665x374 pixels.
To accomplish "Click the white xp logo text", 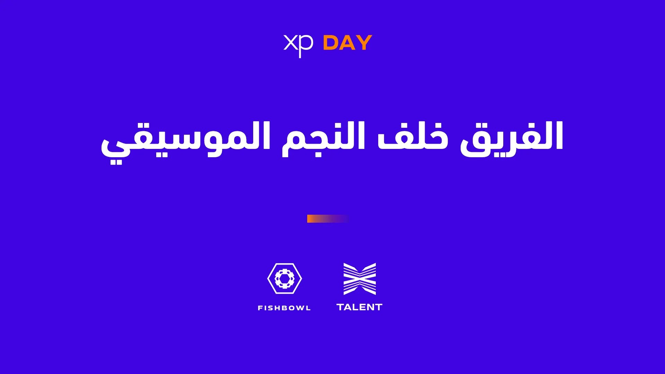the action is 298,45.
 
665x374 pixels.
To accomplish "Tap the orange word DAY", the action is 347,43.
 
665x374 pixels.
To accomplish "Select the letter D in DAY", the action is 330,43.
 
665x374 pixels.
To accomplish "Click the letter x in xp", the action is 290,43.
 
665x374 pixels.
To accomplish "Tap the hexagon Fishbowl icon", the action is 285,278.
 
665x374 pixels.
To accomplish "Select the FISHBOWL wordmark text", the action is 284,308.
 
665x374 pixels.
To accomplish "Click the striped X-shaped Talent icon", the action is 360,279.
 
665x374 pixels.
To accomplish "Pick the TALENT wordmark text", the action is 360,307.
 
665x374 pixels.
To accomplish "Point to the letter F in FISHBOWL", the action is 260,308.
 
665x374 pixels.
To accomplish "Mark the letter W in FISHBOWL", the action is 299,308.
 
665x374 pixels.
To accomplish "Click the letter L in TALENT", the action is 355,307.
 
